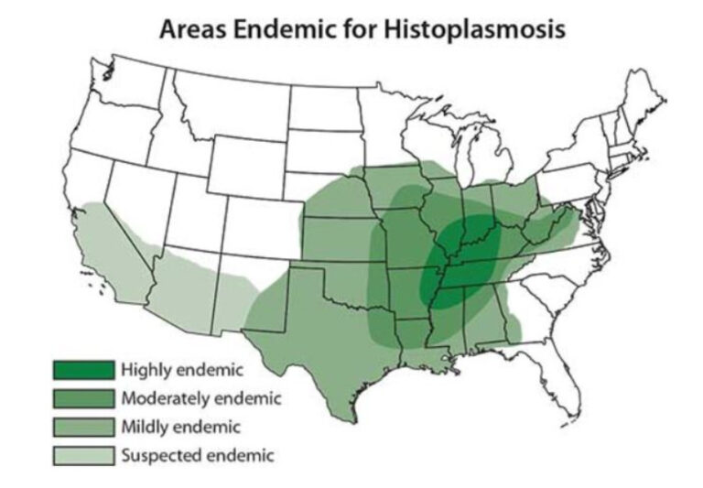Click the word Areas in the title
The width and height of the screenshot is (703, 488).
pos(190,28)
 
